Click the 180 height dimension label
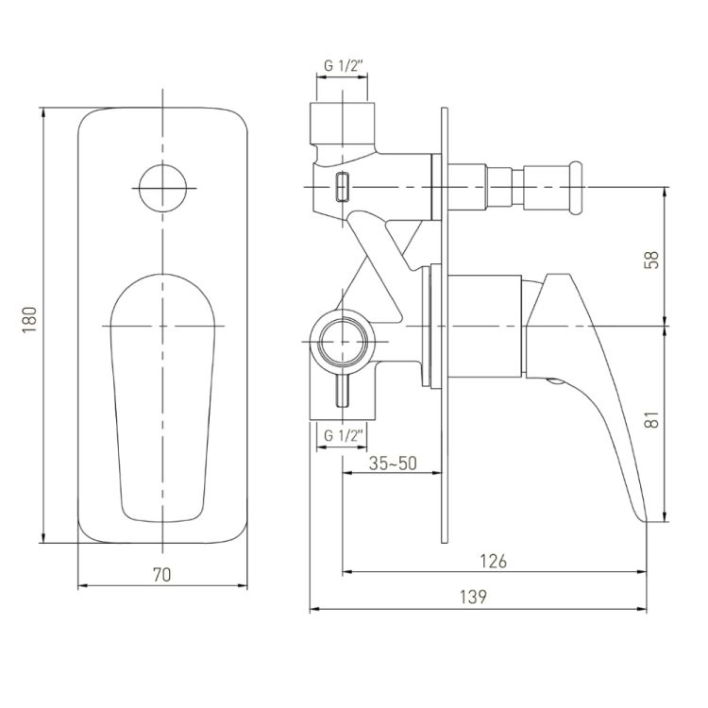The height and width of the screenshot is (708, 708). click(30, 319)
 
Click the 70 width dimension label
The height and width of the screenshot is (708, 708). click(162, 575)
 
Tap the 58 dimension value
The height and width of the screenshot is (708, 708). click(652, 260)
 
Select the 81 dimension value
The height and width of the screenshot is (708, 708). click(652, 419)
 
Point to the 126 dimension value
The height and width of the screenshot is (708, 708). click(493, 562)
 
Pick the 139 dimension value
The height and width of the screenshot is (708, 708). click(473, 597)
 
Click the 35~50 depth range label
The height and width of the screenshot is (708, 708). click(393, 464)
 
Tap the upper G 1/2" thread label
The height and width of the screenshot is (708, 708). click(344, 66)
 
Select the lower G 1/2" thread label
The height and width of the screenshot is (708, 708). click(344, 436)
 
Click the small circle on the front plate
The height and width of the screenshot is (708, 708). click(162, 188)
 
